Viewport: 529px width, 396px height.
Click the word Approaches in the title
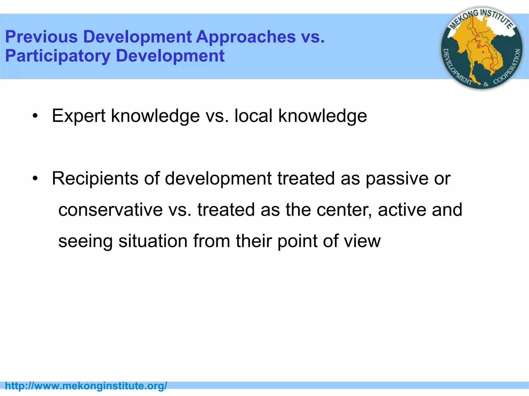(x=246, y=37)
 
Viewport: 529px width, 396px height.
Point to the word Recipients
(x=95, y=178)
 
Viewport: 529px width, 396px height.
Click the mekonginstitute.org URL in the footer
(x=86, y=386)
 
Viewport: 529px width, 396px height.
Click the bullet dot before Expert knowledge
(x=35, y=116)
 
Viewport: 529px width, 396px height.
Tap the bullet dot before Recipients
(x=35, y=178)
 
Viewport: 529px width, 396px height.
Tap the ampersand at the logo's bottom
(x=486, y=84)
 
